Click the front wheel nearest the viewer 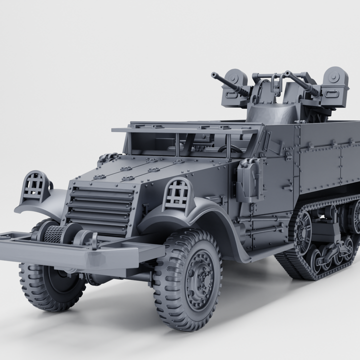[188, 280]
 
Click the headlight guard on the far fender [35, 186]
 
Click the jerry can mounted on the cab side [248, 180]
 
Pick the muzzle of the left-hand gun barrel [214, 75]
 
